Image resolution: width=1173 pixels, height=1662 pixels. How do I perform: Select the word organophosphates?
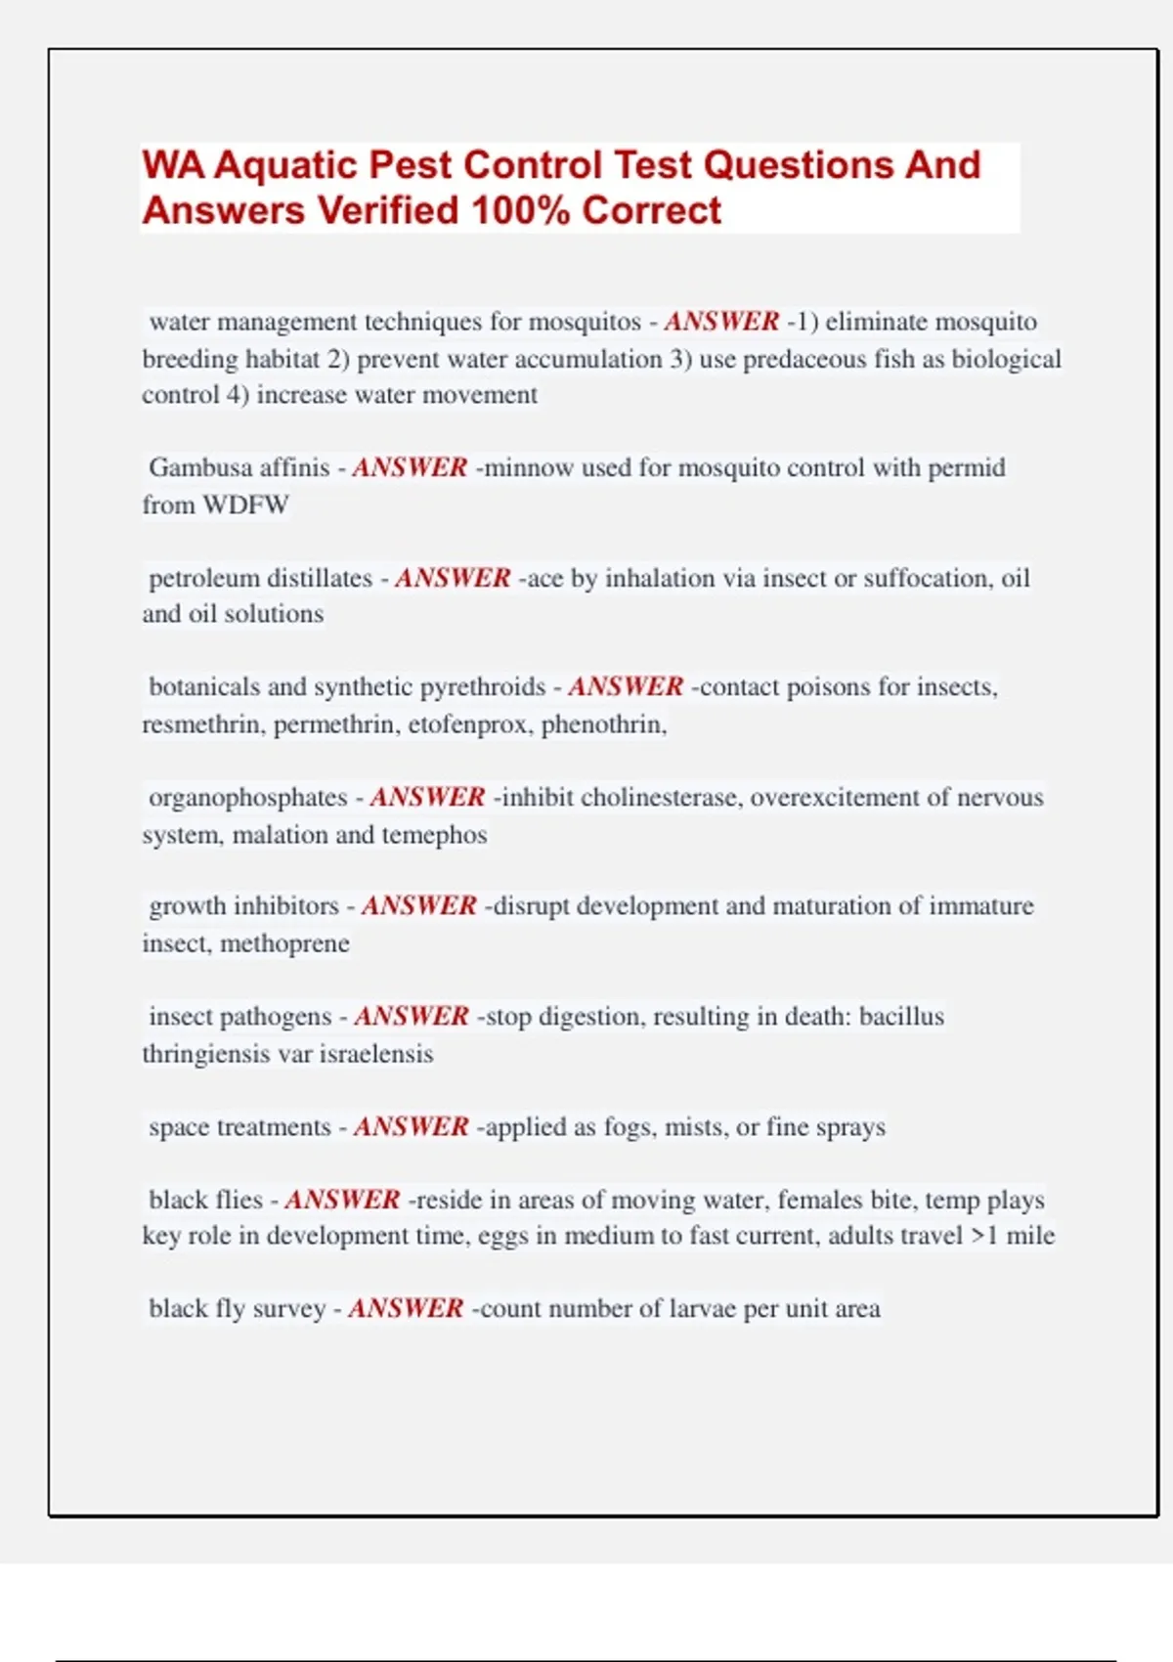pyautogui.click(x=248, y=798)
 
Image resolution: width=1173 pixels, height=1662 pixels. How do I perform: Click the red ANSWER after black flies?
pyautogui.click(x=342, y=1200)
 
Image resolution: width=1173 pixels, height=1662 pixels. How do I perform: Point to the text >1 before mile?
pyautogui.click(x=984, y=1236)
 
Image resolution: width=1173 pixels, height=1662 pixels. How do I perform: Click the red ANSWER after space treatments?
pyautogui.click(x=412, y=1127)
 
